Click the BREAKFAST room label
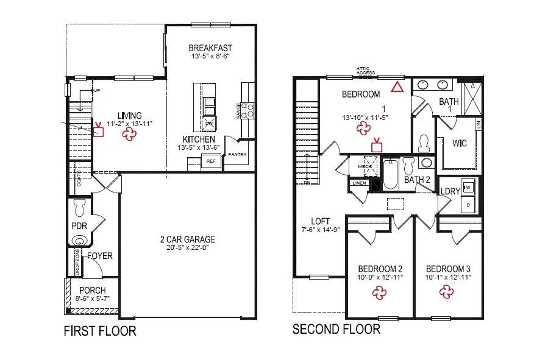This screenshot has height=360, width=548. coord(210,48)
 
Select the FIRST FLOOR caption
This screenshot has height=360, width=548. coord(100,331)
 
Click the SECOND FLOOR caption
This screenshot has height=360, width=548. coord(336,330)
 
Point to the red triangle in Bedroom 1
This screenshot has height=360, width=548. coord(397,86)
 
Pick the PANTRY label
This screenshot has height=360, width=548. coord(238,154)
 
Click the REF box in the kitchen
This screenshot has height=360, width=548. coord(211,161)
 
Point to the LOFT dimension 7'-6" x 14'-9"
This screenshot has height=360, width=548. coord(319,230)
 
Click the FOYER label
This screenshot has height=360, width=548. coord(100,256)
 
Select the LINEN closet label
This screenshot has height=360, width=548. coord(358,183)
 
